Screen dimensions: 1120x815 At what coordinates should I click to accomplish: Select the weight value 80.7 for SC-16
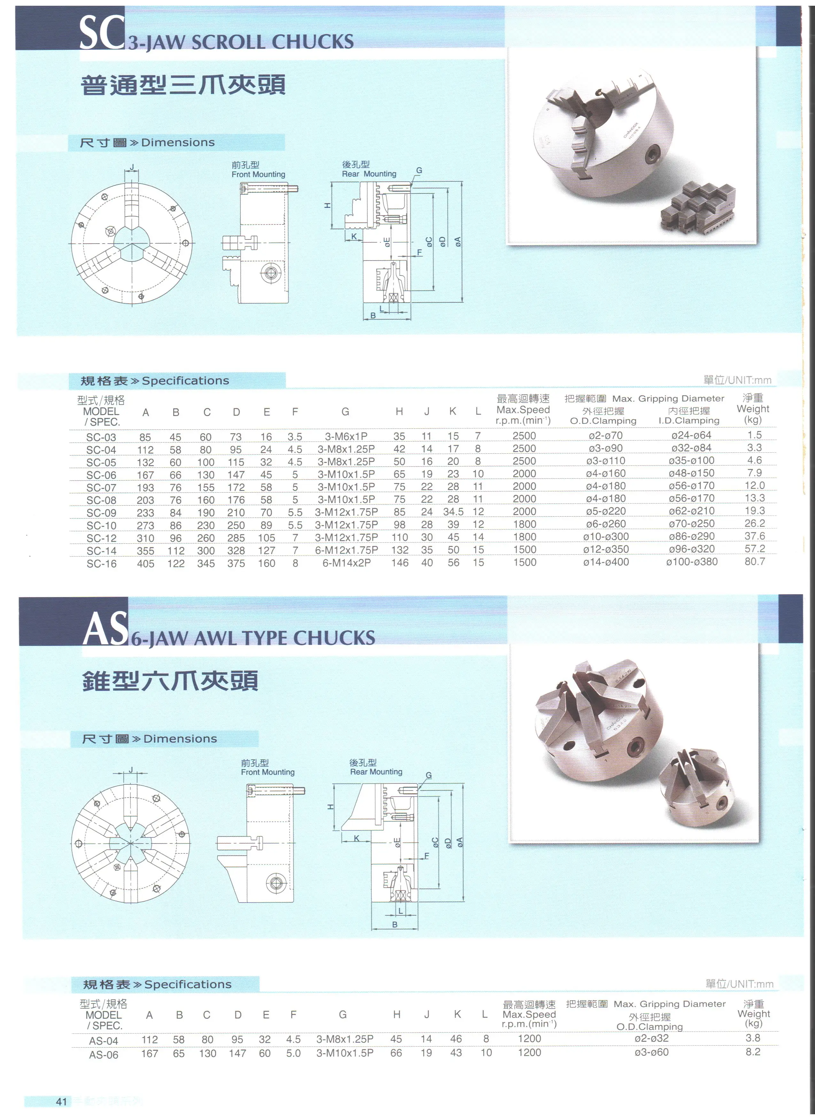pyautogui.click(x=755, y=562)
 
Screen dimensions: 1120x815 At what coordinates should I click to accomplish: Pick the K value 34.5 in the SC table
pyautogui.click(x=453, y=511)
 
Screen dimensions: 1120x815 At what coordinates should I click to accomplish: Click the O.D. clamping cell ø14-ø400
pyautogui.click(x=606, y=562)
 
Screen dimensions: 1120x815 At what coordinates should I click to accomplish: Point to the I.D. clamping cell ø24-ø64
pyautogui.click(x=691, y=435)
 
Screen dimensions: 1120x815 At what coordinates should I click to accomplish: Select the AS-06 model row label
pyautogui.click(x=104, y=1055)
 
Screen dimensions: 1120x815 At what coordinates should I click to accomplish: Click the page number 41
pyautogui.click(x=61, y=1102)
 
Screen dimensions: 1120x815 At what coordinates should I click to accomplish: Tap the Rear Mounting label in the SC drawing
pyautogui.click(x=369, y=174)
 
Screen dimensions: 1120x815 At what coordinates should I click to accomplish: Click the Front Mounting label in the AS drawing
pyautogui.click(x=268, y=772)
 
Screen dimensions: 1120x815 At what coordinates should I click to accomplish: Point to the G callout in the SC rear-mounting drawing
pyautogui.click(x=419, y=171)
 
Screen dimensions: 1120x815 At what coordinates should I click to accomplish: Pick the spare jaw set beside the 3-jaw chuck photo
pyautogui.click(x=698, y=208)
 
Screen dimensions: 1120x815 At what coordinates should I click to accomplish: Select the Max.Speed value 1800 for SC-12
pyautogui.click(x=524, y=537)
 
